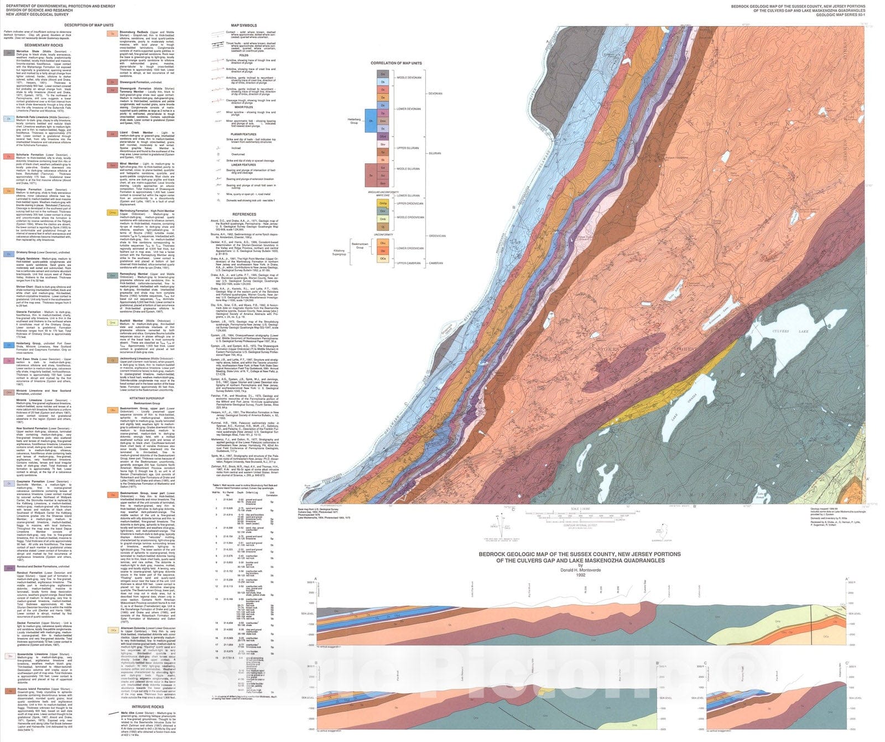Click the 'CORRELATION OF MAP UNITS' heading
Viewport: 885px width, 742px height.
(395, 63)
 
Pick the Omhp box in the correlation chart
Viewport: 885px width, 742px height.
(382, 204)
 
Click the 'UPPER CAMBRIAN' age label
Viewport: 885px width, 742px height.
(410, 263)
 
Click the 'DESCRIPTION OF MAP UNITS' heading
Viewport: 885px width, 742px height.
(88, 25)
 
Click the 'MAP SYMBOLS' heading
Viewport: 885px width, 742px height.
(243, 25)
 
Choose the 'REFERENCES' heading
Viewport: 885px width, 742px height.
(243, 214)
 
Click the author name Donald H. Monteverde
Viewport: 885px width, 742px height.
(580, 569)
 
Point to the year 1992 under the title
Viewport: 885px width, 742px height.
(580, 575)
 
